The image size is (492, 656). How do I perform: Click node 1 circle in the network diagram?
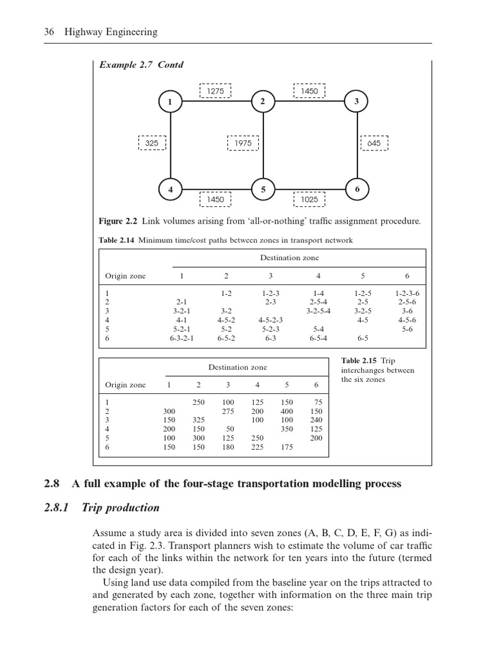pos(170,102)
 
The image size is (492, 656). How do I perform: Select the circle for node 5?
pos(263,190)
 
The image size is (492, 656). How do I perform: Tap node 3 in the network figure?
pos(356,102)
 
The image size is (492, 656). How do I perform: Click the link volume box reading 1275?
pos(215,92)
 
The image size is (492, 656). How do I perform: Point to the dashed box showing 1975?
pos(243,143)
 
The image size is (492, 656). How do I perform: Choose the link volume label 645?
pos(374,143)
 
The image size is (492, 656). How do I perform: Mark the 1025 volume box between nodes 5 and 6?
pos(309,199)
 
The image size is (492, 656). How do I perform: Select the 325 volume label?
pos(152,143)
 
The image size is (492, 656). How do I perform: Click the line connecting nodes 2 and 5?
pos(263,154)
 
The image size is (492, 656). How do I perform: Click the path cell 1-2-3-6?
pos(407,293)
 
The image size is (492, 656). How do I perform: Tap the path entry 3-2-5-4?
pos(318,311)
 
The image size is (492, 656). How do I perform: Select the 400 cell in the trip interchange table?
pos(286,411)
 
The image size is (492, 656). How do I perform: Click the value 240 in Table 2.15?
pos(316,420)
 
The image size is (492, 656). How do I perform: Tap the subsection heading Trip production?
pos(120,508)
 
